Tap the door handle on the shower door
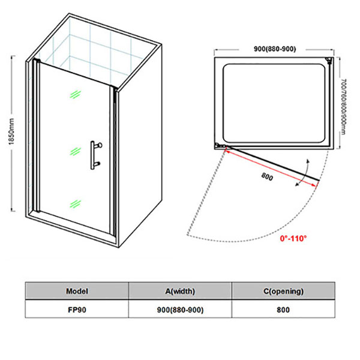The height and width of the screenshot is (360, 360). coord(95,154)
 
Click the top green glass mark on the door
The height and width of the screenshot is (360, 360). coord(74,95)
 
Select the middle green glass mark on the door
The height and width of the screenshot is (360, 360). coord(74,149)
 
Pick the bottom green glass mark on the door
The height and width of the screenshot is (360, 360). coord(74,203)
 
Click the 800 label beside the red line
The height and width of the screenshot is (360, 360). coord(269,176)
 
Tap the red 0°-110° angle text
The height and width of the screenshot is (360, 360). coord(293,238)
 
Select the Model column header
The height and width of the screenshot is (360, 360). coord(77,291)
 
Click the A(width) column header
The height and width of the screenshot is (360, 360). coord(180,291)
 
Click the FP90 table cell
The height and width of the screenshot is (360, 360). coord(77,310)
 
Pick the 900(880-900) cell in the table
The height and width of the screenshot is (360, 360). coord(180,310)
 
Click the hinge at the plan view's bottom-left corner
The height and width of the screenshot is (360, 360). coord(220,146)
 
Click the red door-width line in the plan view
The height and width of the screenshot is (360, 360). coord(270,168)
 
